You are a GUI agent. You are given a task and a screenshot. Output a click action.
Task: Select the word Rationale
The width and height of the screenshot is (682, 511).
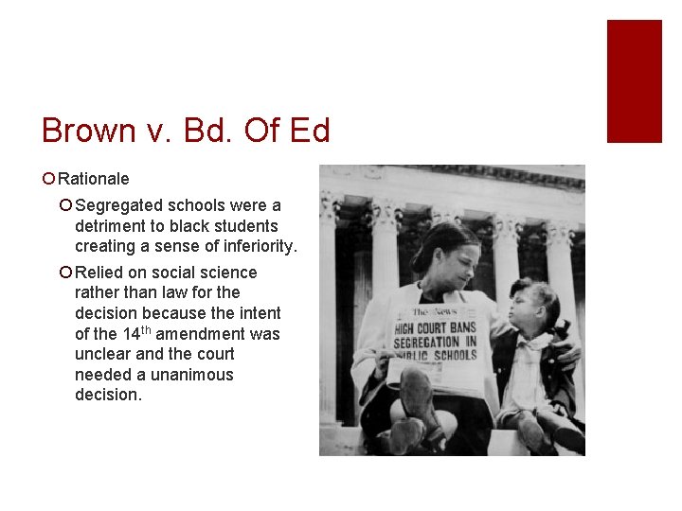[94, 179]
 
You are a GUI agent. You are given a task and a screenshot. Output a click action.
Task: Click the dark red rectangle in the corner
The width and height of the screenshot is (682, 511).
[634, 80]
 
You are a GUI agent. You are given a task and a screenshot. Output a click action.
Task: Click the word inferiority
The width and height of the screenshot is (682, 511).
[257, 247]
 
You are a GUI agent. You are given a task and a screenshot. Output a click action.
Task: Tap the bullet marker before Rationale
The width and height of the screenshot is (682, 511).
[49, 179]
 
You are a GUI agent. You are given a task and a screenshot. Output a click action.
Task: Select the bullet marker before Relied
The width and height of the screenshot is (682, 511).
[65, 273]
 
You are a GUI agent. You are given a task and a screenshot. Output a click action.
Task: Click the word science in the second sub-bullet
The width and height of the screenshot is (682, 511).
[225, 273]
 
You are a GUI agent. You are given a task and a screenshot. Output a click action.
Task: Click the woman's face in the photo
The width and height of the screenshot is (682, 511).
[445, 260]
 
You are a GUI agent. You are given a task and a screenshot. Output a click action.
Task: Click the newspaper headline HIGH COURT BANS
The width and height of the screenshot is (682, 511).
[437, 327]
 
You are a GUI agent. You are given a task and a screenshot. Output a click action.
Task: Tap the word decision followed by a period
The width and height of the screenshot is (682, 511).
[108, 396]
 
